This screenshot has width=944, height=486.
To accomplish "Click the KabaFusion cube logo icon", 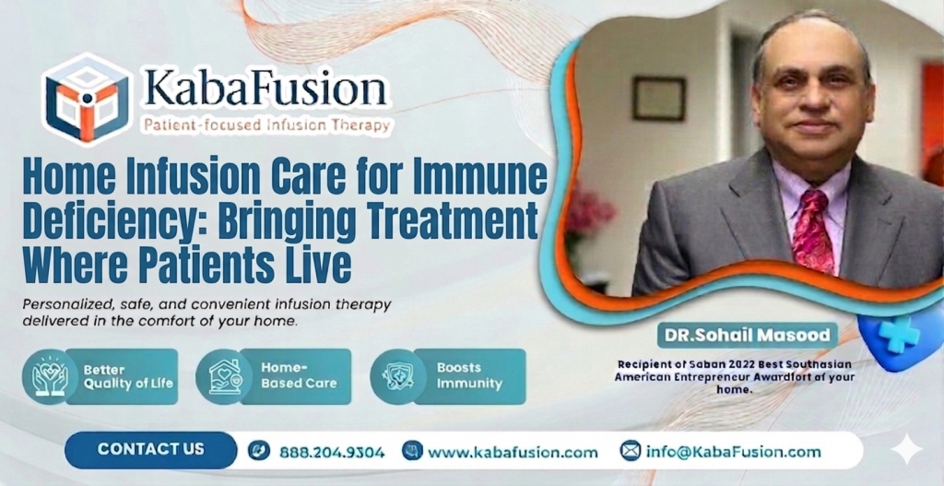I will point(88,97).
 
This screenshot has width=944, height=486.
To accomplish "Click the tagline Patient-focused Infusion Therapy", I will point(263,124).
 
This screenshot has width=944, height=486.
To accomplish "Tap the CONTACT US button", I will point(150,450).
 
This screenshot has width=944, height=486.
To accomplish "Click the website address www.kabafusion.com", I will point(513,452).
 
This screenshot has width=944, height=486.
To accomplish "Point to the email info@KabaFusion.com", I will point(733,452).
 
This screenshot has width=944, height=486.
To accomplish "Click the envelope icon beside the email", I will point(631,451).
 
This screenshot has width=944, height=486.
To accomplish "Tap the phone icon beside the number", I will point(259,452).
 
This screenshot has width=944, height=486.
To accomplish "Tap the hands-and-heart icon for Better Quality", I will point(49,376).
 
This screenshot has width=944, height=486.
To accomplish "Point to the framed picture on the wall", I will point(658,99).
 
